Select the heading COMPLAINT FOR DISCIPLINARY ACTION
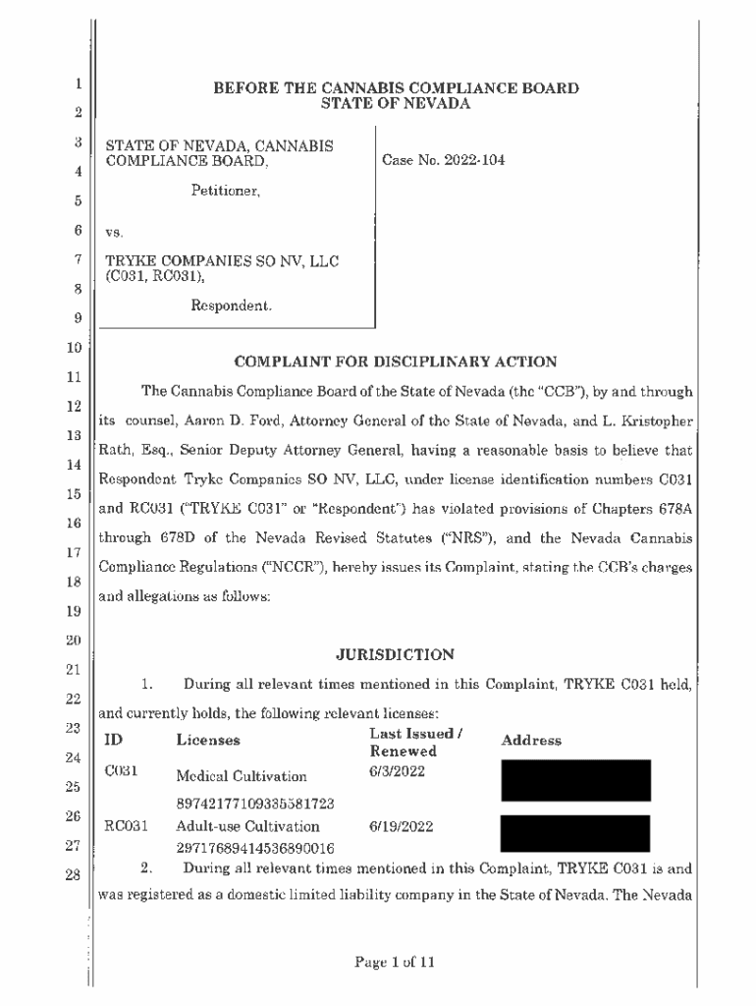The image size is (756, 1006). point(396,362)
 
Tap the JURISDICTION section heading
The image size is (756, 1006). point(396,654)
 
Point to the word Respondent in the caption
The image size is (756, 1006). point(232,307)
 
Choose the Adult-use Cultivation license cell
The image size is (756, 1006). point(247,827)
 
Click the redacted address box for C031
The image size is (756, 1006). point(575,780)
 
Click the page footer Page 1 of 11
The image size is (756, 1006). point(396,963)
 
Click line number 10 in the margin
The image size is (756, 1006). point(74,348)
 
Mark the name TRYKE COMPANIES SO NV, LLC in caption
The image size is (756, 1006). point(223,262)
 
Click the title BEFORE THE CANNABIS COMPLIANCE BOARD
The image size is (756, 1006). point(396,88)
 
